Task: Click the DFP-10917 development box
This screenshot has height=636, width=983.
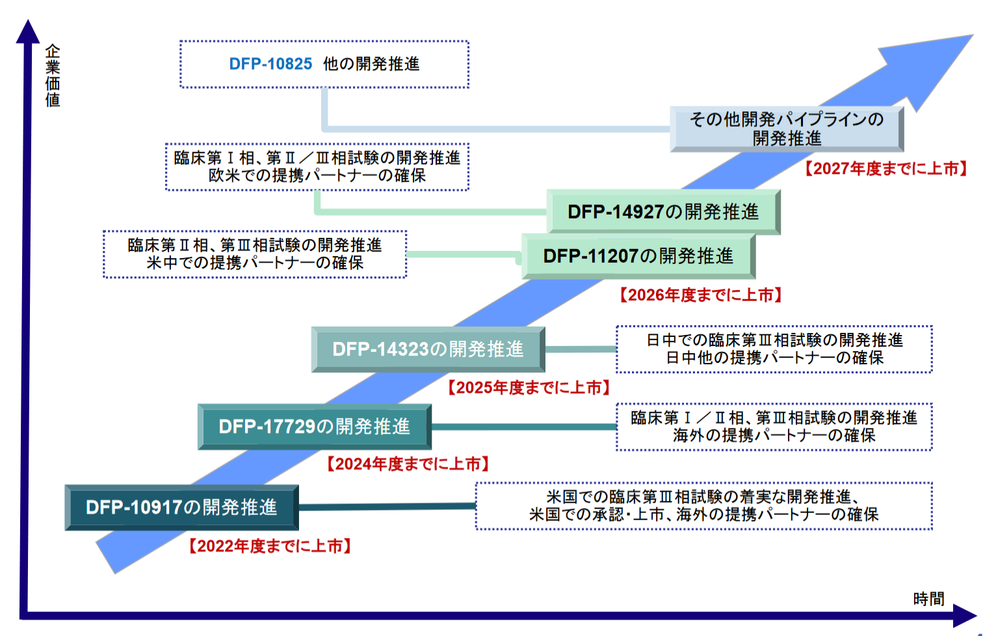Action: (181, 507)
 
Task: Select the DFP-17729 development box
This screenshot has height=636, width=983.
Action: (314, 427)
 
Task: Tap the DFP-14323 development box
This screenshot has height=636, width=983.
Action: (428, 349)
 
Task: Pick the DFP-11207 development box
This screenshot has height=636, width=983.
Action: (638, 256)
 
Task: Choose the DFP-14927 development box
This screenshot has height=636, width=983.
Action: (663, 212)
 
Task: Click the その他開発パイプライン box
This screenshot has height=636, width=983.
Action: (787, 129)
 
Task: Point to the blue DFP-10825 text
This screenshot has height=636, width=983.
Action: (270, 64)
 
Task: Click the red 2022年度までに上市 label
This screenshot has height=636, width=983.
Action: (270, 546)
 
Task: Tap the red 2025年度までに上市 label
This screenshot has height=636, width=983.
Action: (529, 388)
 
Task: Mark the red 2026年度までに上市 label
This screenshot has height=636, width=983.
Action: (700, 295)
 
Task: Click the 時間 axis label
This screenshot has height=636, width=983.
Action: (928, 598)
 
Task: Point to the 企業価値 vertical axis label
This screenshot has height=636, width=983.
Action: (53, 75)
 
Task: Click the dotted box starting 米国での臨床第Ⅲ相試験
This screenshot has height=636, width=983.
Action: (703, 506)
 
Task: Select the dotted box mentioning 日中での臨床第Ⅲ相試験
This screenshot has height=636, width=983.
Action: (774, 349)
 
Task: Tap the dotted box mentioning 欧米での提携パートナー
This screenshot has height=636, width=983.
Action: (317, 167)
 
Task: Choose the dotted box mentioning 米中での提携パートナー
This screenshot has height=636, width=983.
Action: (254, 254)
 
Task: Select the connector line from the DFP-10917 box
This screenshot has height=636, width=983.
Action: (387, 506)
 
